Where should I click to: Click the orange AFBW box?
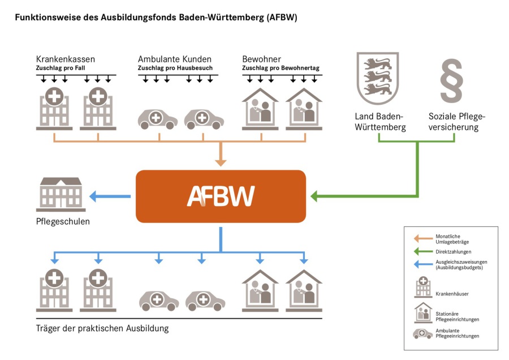221,196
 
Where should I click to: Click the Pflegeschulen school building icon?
59,194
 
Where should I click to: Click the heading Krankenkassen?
65,59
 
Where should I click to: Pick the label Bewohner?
261,59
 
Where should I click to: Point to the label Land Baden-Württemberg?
380,122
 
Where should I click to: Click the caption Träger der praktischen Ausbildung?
102,328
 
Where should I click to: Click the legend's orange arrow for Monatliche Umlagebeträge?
421,238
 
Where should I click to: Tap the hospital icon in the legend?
422,288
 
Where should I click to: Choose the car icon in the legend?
422,333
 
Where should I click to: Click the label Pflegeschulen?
62,221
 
